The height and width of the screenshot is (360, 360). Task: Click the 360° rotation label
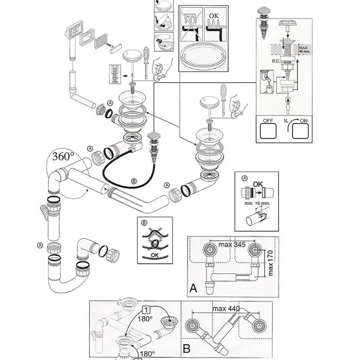(61, 156)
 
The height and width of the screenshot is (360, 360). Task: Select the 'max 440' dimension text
(226, 308)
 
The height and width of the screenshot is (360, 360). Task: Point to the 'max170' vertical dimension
(270, 262)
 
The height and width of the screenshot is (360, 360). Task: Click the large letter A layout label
(193, 288)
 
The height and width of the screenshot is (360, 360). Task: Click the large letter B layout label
(187, 349)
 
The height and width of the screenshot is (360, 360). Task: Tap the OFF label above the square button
(268, 121)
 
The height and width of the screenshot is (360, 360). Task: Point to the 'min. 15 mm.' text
(257, 203)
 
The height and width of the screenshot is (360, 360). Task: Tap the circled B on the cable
(134, 181)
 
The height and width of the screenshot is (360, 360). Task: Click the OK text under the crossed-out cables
(155, 255)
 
